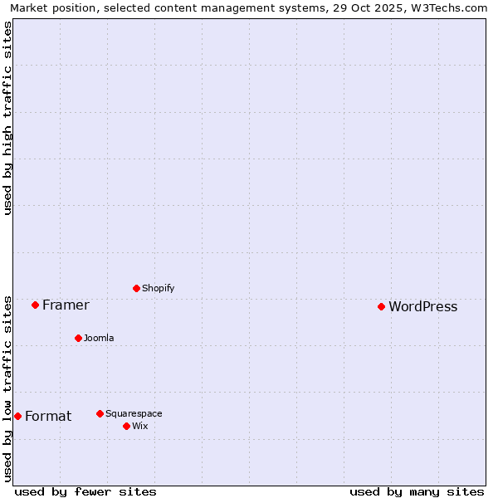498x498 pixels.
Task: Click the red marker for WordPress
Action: click(381, 306)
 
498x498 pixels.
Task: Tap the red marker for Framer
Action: click(35, 305)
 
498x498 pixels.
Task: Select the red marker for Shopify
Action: click(136, 288)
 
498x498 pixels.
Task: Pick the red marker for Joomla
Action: click(78, 338)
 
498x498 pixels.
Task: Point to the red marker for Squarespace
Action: click(100, 413)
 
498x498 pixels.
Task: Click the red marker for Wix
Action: click(126, 426)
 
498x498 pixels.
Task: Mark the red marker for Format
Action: click(17, 416)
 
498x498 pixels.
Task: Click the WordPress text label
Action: click(422, 307)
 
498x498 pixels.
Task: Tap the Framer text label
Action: click(66, 305)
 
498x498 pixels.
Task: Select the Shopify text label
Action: click(158, 289)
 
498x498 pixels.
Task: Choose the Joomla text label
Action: click(99, 339)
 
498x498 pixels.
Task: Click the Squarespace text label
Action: click(134, 414)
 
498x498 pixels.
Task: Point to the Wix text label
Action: click(139, 427)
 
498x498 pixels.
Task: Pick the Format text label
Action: click(48, 417)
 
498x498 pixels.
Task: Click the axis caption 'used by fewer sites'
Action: click(85, 491)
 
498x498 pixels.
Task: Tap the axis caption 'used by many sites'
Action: click(417, 491)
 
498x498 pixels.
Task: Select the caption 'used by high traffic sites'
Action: click(8, 118)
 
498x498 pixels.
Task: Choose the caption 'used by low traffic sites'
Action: click(8, 388)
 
